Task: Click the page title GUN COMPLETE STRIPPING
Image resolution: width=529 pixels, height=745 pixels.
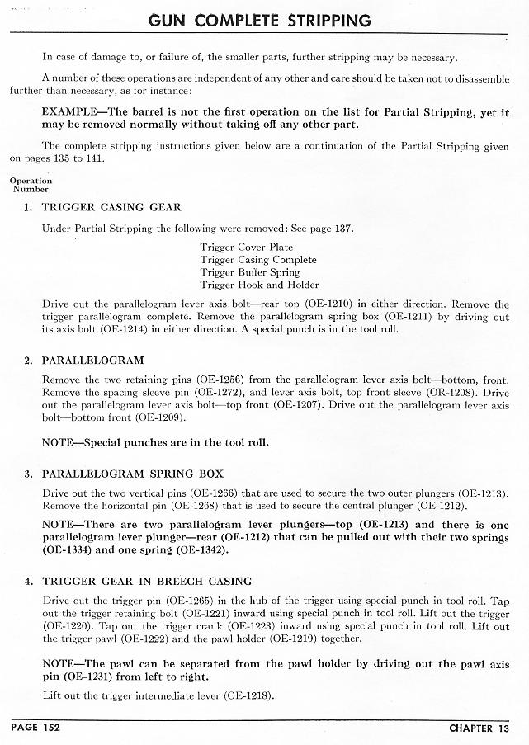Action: point(258,19)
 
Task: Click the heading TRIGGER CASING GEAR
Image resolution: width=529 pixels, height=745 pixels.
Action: point(111,207)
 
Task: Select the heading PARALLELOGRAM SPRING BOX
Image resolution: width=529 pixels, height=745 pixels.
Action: point(127,474)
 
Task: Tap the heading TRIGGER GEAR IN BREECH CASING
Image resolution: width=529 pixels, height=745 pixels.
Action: point(147,581)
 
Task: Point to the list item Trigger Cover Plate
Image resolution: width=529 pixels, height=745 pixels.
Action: point(246,247)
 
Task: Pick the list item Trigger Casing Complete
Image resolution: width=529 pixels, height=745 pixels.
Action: point(257,260)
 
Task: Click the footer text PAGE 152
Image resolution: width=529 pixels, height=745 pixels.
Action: point(35,728)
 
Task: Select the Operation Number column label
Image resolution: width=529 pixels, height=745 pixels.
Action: point(31,185)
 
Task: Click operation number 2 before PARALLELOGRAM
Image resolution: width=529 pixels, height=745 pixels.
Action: point(28,361)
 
